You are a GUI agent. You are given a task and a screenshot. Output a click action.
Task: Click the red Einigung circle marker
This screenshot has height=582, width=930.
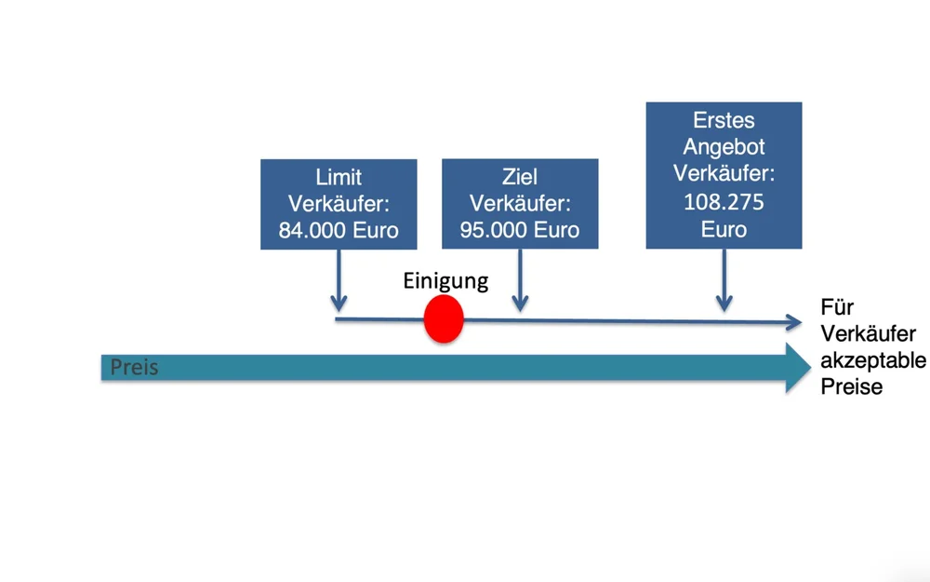444,319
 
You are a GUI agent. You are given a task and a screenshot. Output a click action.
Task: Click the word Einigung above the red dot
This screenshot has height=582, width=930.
445,281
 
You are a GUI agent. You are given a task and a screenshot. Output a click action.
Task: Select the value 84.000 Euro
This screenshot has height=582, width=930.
339,230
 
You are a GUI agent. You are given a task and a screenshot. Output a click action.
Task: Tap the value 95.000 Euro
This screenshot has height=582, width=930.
520,230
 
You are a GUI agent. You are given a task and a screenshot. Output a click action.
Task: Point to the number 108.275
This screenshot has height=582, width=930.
724,201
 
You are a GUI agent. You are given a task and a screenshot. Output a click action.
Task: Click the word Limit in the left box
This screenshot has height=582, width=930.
339,177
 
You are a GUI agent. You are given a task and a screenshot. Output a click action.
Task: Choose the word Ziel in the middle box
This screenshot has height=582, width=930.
520,177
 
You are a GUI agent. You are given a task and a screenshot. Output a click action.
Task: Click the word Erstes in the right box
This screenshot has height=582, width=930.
724,120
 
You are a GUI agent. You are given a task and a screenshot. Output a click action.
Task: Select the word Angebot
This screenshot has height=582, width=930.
724,147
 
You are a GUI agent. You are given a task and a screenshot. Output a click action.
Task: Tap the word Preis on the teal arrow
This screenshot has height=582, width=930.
134,368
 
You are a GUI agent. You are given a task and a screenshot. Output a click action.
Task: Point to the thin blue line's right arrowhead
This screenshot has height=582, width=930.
792,323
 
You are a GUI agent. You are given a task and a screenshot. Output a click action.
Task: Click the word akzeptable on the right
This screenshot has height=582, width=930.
872,360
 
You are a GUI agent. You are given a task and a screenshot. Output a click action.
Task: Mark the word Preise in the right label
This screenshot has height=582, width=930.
851,386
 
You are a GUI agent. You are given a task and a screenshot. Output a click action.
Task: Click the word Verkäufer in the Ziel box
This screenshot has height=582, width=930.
520,204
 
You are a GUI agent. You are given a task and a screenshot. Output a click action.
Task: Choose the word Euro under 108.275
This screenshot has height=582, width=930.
724,228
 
